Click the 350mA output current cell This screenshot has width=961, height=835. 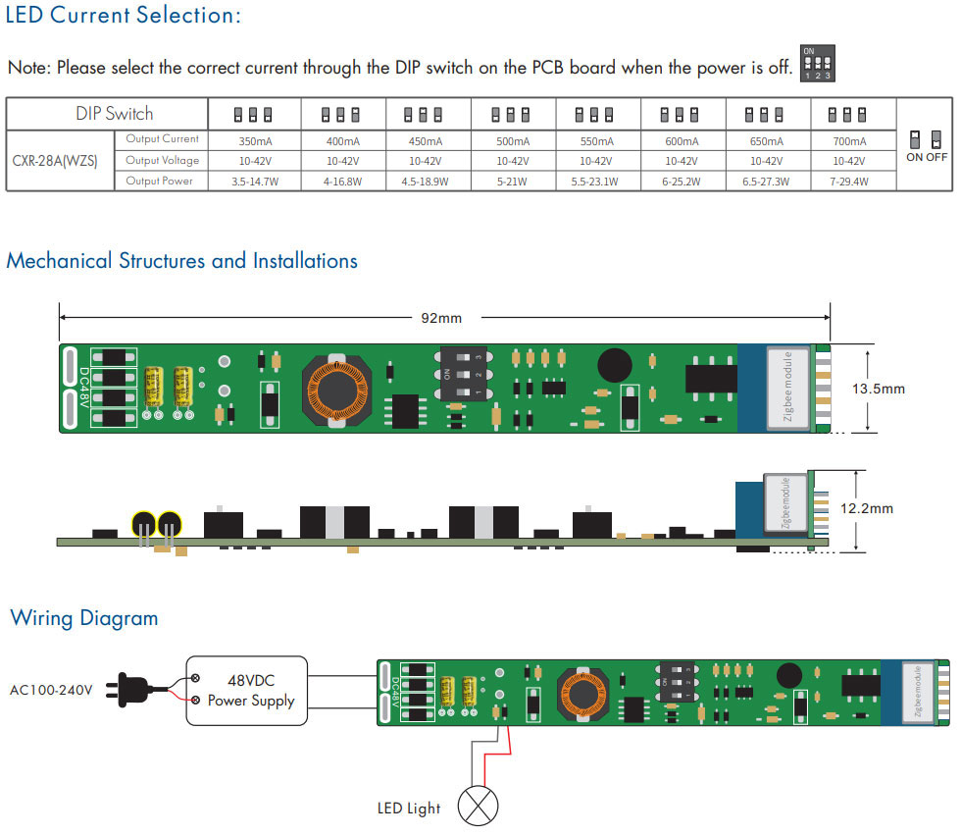tap(255, 141)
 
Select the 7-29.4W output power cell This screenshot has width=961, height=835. tap(849, 182)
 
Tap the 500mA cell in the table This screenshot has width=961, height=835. tap(513, 141)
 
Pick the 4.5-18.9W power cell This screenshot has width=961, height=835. tap(426, 182)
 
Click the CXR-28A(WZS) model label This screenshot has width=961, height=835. tap(55, 161)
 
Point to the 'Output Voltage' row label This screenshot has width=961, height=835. tap(163, 161)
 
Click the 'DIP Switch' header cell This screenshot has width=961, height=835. tap(114, 114)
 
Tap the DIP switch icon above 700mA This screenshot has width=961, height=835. tap(847, 115)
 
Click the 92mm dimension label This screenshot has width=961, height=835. tap(441, 318)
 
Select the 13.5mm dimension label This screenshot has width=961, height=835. tap(879, 389)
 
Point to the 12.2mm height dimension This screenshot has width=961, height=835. tap(867, 508)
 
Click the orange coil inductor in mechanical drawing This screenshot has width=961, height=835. tap(337, 391)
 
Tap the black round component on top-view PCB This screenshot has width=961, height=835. tap(615, 365)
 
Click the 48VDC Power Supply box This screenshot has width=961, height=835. tap(247, 691)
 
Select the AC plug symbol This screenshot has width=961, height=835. tap(128, 690)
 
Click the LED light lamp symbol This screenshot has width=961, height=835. tap(479, 806)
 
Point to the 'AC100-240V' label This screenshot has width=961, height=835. tap(51, 691)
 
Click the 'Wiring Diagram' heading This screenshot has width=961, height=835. tap(84, 618)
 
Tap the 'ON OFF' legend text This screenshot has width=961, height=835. tap(927, 157)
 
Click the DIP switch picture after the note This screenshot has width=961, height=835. tap(818, 63)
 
